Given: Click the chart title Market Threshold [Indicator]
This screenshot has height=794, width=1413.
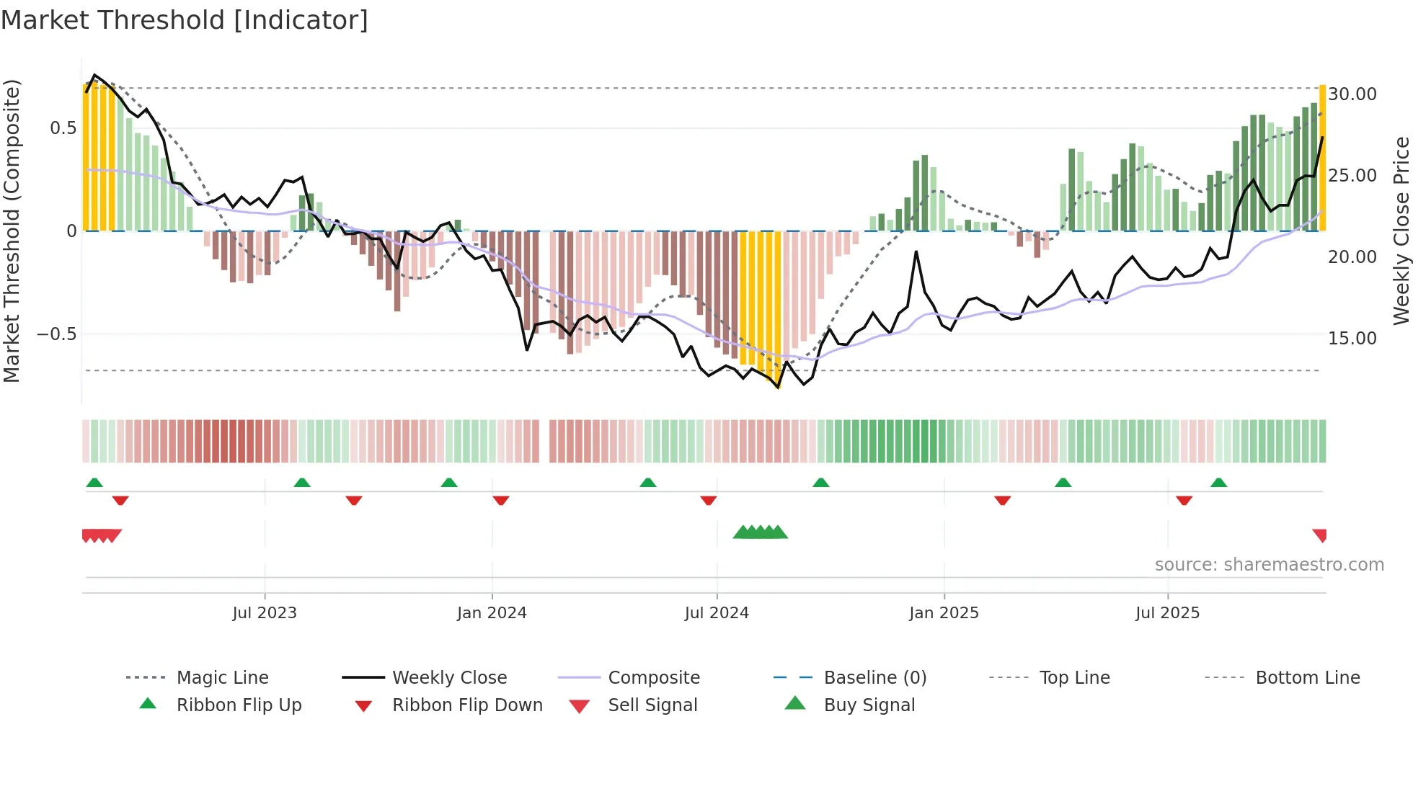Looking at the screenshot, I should click(185, 20).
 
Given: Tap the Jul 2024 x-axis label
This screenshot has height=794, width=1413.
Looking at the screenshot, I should click(717, 613).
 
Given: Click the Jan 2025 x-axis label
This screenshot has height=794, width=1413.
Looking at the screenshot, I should click(944, 613).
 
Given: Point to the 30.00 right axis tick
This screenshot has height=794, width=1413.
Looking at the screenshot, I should click(1352, 94).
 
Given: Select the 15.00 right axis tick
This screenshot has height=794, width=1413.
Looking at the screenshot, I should click(1352, 338).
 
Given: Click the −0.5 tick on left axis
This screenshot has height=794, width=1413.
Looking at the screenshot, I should click(56, 334).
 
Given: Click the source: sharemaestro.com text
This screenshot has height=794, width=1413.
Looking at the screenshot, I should click(1269, 565).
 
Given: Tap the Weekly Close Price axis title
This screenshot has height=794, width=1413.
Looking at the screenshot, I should click(1401, 231).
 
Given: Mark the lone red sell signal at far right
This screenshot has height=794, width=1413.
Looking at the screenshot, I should click(1320, 535).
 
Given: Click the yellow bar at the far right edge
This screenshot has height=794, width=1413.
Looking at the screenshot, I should click(1323, 159).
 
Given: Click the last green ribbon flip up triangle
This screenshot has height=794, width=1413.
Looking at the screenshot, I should click(1218, 483).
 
